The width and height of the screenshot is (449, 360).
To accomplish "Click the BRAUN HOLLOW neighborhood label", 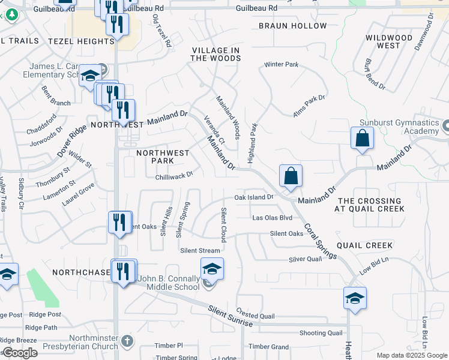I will point(293,26).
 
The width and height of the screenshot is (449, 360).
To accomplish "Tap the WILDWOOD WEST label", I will point(389,41).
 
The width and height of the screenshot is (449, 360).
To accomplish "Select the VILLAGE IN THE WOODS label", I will point(216,54).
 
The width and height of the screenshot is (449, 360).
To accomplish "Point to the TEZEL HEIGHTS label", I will point(80,41).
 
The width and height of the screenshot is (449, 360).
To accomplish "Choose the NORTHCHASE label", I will point(79,272).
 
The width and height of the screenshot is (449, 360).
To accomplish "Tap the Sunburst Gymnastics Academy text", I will point(400,127).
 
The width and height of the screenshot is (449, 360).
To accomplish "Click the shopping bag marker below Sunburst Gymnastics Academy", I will point(363,138).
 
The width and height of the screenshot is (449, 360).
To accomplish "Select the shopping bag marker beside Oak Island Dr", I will point(291,176).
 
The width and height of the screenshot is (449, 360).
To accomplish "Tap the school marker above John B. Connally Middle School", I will point(212,269).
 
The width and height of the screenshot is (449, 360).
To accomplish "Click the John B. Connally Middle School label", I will point(169,283).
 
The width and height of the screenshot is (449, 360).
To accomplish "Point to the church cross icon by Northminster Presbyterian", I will point(126,341).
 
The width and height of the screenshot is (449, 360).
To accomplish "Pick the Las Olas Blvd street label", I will point(272,218).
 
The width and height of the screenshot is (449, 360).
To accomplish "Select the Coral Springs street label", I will point(320,241).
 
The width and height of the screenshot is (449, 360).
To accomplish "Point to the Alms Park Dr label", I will point(308,106).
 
